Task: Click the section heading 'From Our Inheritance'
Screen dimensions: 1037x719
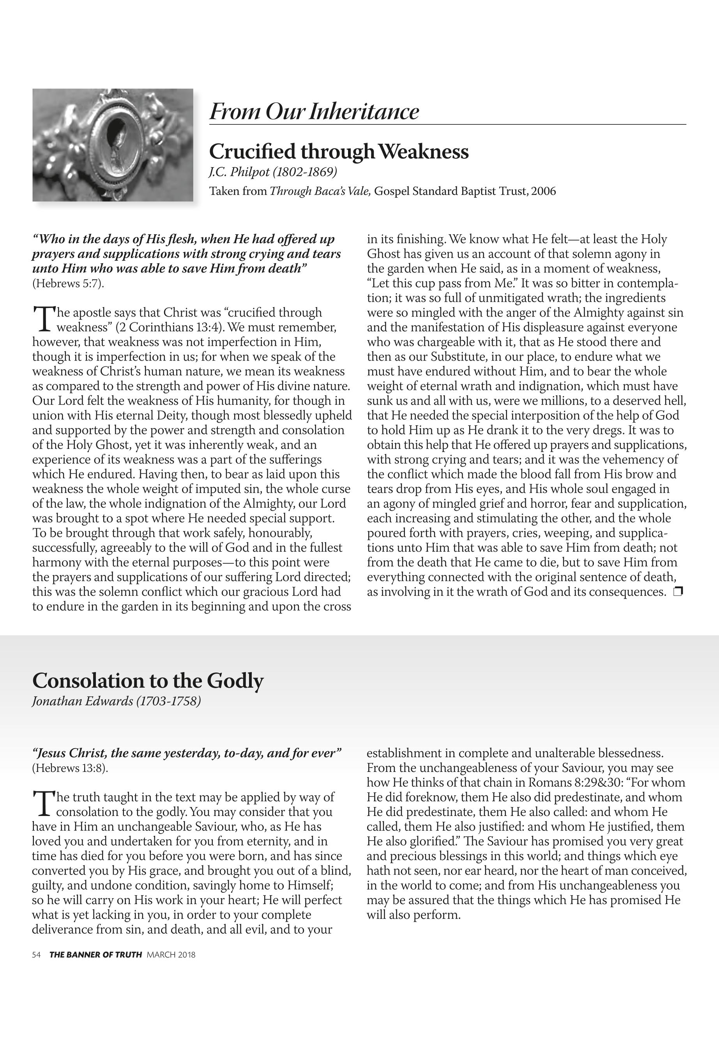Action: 314,111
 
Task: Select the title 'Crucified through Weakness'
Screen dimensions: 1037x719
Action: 338,151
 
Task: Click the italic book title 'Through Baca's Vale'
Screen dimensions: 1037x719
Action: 320,191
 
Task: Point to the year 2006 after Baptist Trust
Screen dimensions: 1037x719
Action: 543,191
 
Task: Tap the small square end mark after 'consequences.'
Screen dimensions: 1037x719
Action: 678,591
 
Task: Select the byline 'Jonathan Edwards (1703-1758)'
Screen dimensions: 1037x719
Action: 116,701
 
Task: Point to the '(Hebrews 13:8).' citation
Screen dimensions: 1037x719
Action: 70,768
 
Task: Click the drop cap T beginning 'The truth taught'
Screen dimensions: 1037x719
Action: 42,803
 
